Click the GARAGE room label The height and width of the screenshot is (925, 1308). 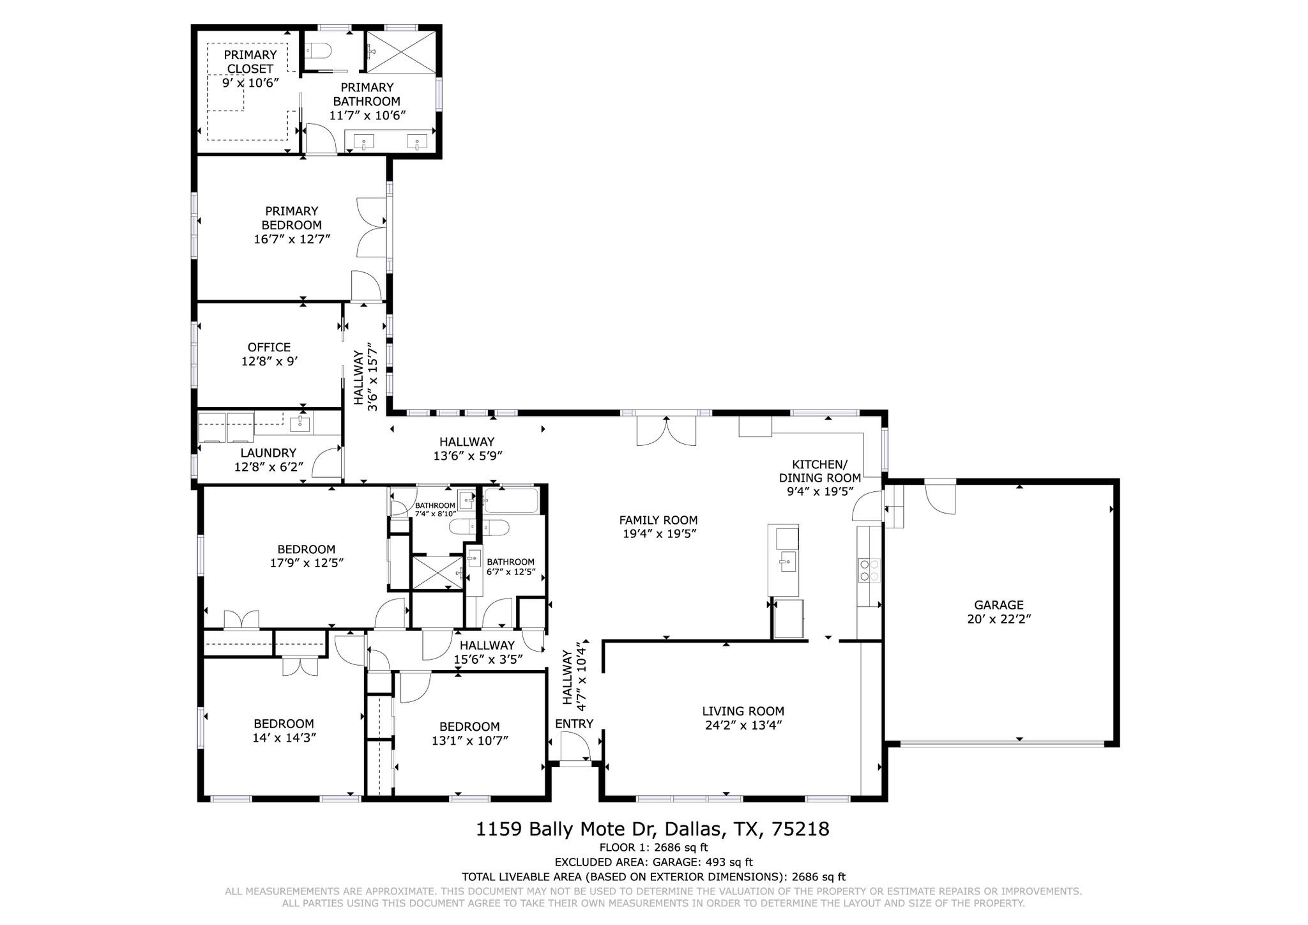pyautogui.click(x=998, y=604)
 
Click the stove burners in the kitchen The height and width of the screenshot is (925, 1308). pyautogui.click(x=869, y=569)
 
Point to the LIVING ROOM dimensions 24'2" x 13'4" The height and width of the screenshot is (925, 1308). pyautogui.click(x=743, y=725)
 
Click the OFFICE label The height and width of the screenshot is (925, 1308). pyautogui.click(x=269, y=347)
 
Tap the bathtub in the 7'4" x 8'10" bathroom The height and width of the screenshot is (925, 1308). pyautogui.click(x=510, y=500)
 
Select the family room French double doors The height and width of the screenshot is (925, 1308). pyautogui.click(x=665, y=431)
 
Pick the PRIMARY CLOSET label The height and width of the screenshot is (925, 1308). pyautogui.click(x=250, y=61)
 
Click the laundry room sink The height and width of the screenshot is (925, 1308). pyautogui.click(x=299, y=423)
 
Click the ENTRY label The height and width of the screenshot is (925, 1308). pyautogui.click(x=574, y=723)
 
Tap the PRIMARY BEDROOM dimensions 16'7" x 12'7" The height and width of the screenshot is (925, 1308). pyautogui.click(x=291, y=239)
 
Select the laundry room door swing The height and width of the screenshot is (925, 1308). pyautogui.click(x=327, y=462)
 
